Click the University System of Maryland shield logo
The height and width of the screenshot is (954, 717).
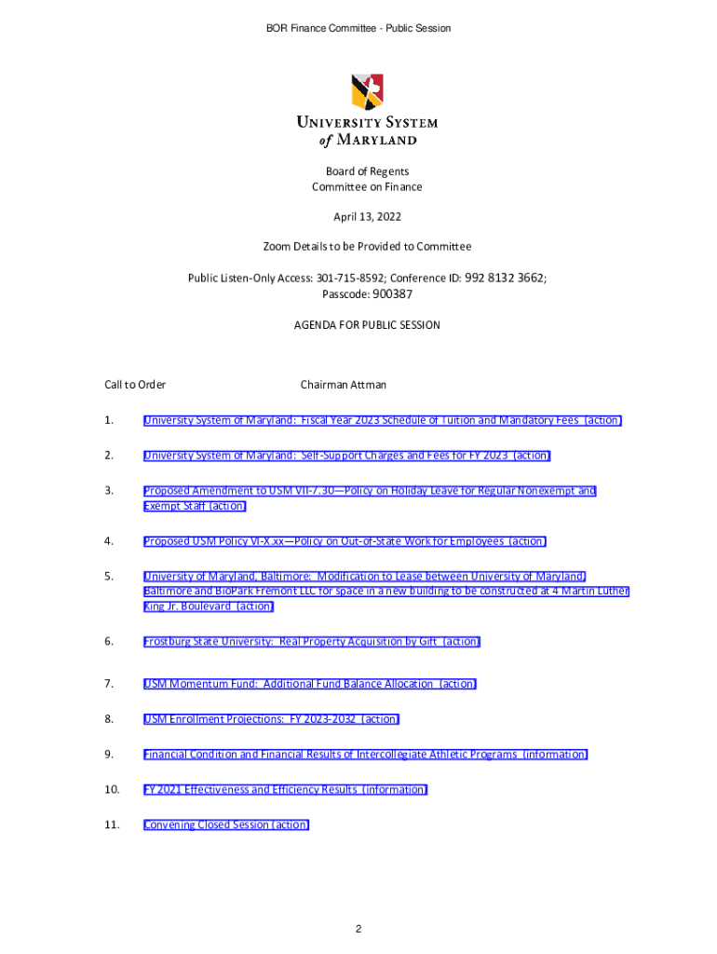point(366,91)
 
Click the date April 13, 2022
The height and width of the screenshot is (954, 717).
point(367,217)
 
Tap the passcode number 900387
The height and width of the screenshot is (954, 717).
point(392,294)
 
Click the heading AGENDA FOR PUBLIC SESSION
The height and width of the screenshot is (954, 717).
point(367,325)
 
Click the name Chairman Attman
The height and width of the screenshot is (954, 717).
point(343,385)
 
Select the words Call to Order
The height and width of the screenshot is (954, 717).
point(135,385)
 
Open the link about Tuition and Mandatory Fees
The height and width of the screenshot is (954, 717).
point(382,420)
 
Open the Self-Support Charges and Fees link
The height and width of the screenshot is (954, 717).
point(346,456)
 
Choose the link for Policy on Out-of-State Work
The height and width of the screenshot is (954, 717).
point(345,541)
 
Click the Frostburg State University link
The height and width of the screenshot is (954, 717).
point(312,642)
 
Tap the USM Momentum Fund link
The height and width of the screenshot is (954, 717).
point(309,684)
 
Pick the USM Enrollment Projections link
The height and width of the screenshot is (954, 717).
point(271,719)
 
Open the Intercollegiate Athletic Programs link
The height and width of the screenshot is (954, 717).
point(365,755)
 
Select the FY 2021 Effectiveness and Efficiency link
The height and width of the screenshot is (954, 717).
point(285,790)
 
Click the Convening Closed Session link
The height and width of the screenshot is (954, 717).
point(226,825)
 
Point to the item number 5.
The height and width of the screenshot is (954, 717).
point(109,577)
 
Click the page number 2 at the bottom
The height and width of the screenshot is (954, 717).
point(358,930)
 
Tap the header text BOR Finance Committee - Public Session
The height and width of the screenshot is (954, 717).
point(358,29)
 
